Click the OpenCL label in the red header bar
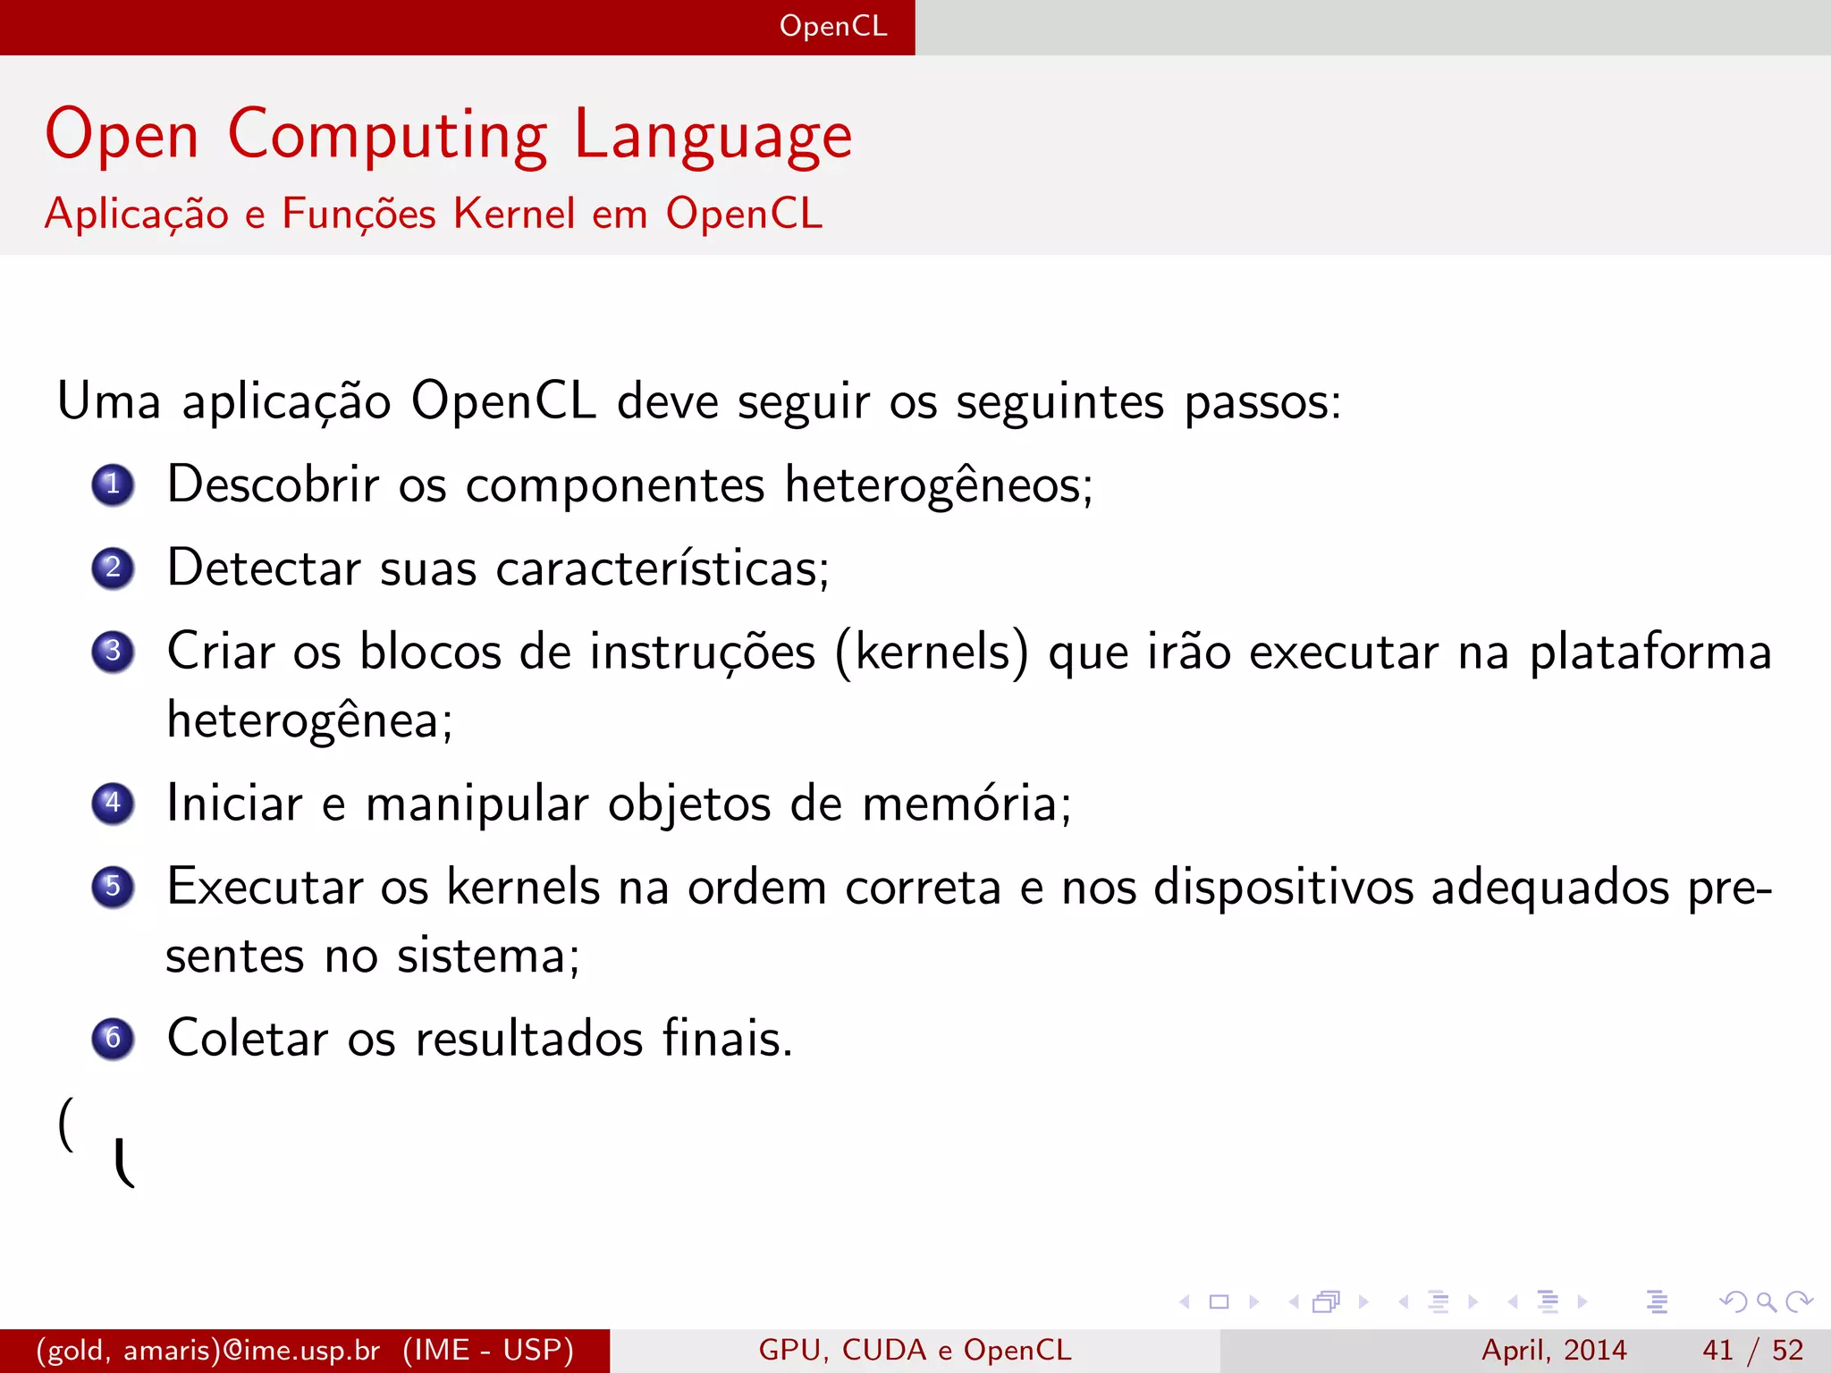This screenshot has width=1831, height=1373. point(833,26)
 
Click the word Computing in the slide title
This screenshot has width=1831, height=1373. point(387,136)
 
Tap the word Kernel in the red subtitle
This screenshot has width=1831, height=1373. point(514,214)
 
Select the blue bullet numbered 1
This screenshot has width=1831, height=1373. point(113,485)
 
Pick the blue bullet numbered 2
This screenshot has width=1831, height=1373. point(113,569)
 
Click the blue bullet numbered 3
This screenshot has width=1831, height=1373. point(113,652)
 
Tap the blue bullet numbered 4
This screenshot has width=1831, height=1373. point(113,803)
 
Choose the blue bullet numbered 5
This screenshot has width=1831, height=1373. point(113,887)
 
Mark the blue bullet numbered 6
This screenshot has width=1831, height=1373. point(113,1038)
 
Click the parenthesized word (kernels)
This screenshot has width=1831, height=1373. point(932,652)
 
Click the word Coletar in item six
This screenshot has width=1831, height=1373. point(248,1038)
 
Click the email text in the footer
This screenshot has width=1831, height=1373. point(207,1350)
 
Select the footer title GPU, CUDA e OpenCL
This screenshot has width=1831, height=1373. point(915,1350)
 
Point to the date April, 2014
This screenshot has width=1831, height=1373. point(1554,1350)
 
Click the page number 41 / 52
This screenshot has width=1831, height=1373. point(1752,1350)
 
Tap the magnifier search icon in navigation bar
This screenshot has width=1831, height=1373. point(1766,1301)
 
